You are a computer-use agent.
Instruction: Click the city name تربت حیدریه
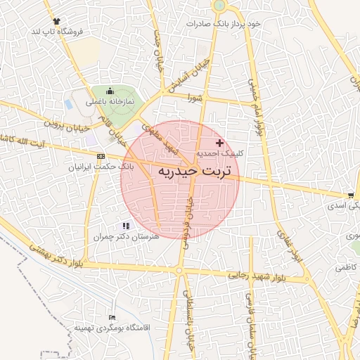point(180,172)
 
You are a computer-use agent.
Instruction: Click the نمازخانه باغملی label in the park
point(110,102)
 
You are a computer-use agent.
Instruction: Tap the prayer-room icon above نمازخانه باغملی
point(110,91)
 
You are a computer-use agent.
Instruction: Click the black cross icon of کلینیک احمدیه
point(219,143)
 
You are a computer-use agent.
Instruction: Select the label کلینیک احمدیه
point(219,153)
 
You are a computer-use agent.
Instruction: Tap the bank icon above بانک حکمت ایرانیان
point(101,156)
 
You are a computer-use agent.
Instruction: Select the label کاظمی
point(345,267)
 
